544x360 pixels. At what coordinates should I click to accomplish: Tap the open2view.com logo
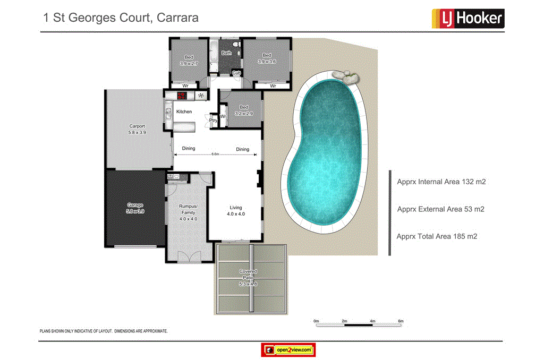click(288, 350)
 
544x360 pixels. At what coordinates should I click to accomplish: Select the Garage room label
click(135, 208)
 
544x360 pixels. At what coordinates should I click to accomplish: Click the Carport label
click(137, 129)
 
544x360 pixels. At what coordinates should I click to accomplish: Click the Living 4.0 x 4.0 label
click(235, 211)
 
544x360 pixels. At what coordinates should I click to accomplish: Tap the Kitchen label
click(184, 112)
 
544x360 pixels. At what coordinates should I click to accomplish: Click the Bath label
click(227, 53)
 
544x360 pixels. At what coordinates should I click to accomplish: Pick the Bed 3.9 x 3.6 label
click(267, 58)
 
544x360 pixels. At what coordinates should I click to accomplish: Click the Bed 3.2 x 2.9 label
click(244, 110)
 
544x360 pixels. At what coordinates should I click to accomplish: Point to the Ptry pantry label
click(213, 121)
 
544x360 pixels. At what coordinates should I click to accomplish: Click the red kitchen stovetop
click(182, 96)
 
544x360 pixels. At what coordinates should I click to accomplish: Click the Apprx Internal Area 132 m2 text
click(441, 182)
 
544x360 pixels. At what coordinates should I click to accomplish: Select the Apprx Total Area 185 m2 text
click(437, 236)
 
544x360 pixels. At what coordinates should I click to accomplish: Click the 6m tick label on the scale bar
click(401, 321)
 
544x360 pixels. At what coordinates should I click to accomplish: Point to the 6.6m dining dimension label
click(215, 154)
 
